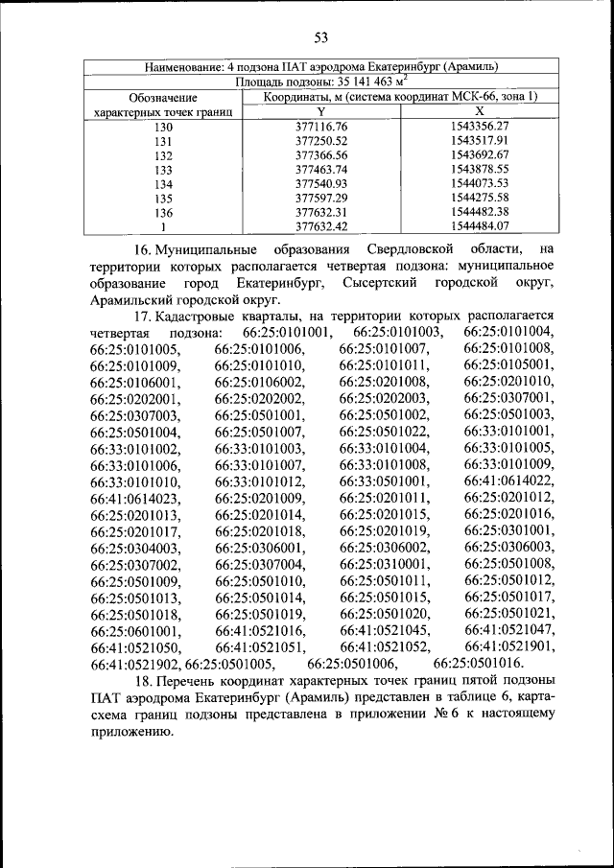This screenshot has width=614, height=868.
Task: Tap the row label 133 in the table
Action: pyautogui.click(x=163, y=169)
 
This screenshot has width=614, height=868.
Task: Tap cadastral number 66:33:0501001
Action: pyautogui.click(x=384, y=480)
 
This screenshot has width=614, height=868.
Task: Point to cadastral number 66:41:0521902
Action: pyautogui.click(x=135, y=663)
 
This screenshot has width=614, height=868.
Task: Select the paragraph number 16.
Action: pyautogui.click(x=143, y=250)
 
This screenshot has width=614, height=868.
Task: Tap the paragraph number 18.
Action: pyautogui.click(x=143, y=680)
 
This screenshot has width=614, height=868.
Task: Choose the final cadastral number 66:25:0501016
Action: pyautogui.click(x=478, y=663)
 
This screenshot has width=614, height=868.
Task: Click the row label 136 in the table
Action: pyautogui.click(x=163, y=212)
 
